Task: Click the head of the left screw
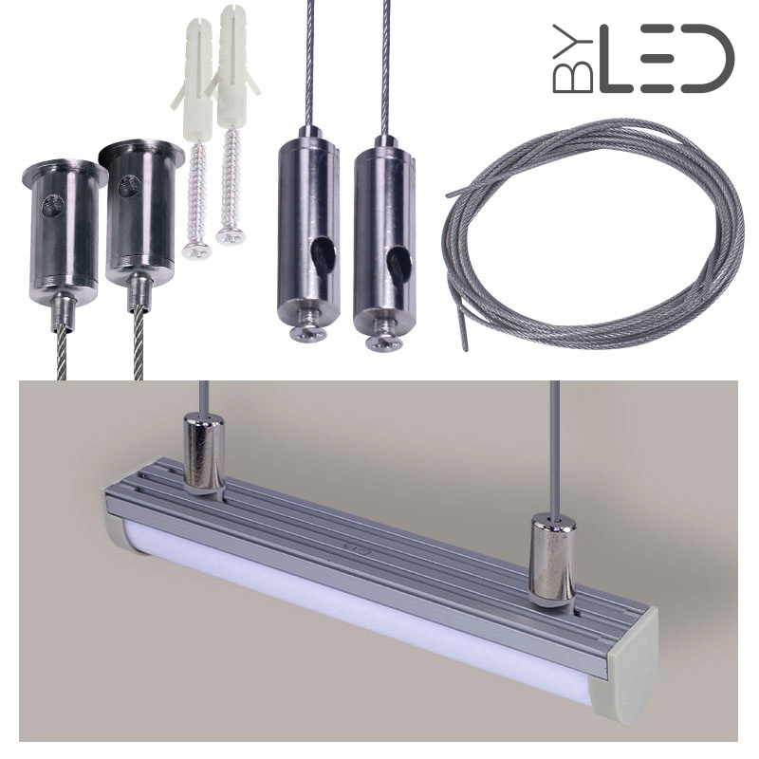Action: coord(196,251)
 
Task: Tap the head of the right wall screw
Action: coord(231,236)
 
